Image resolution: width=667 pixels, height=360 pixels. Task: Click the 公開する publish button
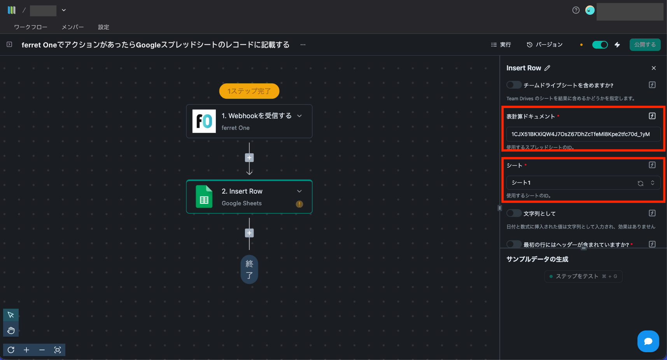point(645,45)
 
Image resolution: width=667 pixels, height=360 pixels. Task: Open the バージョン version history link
point(544,45)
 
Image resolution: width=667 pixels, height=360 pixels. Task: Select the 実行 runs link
point(501,45)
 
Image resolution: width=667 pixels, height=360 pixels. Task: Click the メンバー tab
point(73,27)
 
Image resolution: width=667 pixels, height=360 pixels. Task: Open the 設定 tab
point(103,27)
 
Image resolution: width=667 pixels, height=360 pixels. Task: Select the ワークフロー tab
point(31,27)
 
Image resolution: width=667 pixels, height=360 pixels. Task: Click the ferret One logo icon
point(204,121)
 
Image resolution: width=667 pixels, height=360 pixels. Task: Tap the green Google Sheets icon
point(204,197)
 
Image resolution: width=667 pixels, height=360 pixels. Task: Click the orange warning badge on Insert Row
point(299,204)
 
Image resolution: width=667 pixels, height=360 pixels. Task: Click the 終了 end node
point(249,269)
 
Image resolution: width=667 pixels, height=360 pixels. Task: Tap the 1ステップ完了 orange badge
point(249,91)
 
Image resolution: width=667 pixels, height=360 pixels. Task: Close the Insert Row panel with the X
point(654,68)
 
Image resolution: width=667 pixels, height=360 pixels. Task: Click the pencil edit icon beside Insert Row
point(547,68)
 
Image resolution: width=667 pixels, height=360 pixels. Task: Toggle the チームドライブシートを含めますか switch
point(514,85)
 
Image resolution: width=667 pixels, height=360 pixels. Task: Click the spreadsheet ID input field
point(583,134)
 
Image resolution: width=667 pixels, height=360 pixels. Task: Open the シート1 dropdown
point(583,183)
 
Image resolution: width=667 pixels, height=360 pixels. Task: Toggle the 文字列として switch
point(514,213)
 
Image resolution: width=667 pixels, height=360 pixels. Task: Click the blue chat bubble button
point(648,341)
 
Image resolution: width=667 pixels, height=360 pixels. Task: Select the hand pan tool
point(11,330)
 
